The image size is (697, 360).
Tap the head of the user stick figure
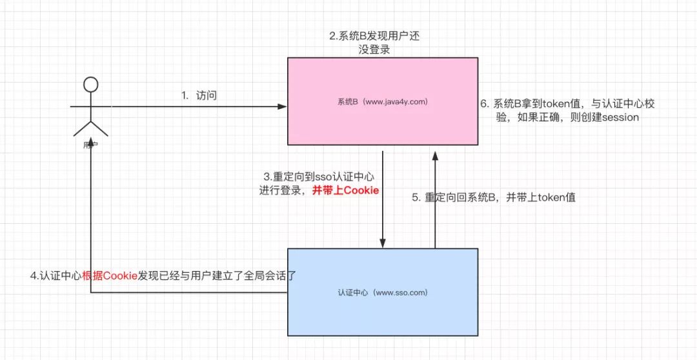click(91, 85)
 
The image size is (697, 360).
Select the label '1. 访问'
click(199, 95)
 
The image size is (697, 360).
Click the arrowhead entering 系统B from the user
click(283, 106)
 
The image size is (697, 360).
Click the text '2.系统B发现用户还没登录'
click(374, 42)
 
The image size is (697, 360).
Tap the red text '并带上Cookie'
click(345, 190)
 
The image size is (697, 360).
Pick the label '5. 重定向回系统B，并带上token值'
click(494, 198)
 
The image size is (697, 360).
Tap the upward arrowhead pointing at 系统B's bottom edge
click(435, 155)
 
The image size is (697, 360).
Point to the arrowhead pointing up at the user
click(91, 140)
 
